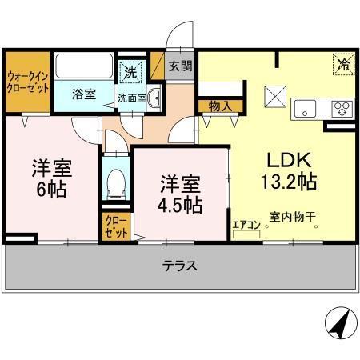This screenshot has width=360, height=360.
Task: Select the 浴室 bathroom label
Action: pos(83,94)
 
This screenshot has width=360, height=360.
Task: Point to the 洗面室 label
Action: pos(131,98)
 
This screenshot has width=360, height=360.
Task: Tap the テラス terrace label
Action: pos(180,266)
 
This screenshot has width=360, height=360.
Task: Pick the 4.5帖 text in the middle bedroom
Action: pos(179,204)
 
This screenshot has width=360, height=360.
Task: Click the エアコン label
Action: pos(245,225)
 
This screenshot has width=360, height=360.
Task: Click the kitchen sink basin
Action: pos(307,108)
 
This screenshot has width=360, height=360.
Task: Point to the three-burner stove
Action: pos(342,108)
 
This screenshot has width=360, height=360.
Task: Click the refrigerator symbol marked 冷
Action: pos(342,63)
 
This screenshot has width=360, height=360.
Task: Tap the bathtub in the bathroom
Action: pos(83,66)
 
